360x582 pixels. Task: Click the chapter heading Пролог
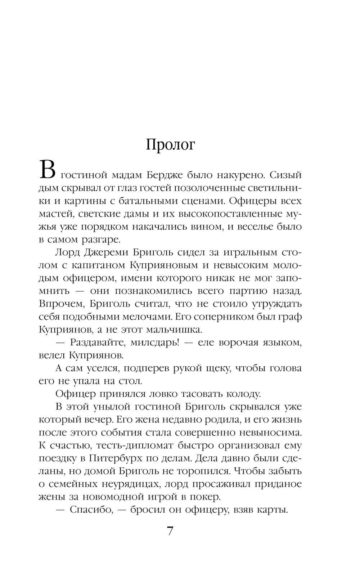170,145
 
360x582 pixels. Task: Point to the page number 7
170,531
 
